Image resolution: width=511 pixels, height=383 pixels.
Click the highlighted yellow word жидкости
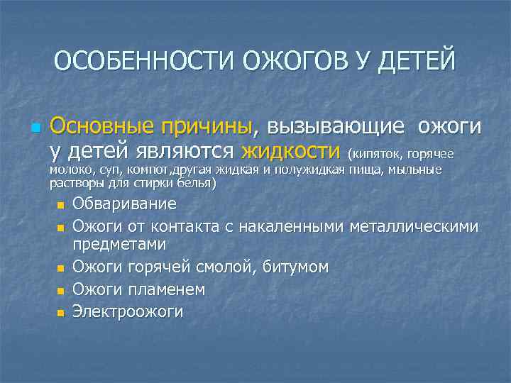tap(290, 151)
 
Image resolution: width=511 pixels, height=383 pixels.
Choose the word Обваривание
tap(124, 205)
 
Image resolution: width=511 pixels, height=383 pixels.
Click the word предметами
tap(119, 244)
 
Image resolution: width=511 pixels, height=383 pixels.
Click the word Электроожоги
tap(128, 311)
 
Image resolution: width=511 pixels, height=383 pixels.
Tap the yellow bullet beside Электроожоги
tap(61, 313)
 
